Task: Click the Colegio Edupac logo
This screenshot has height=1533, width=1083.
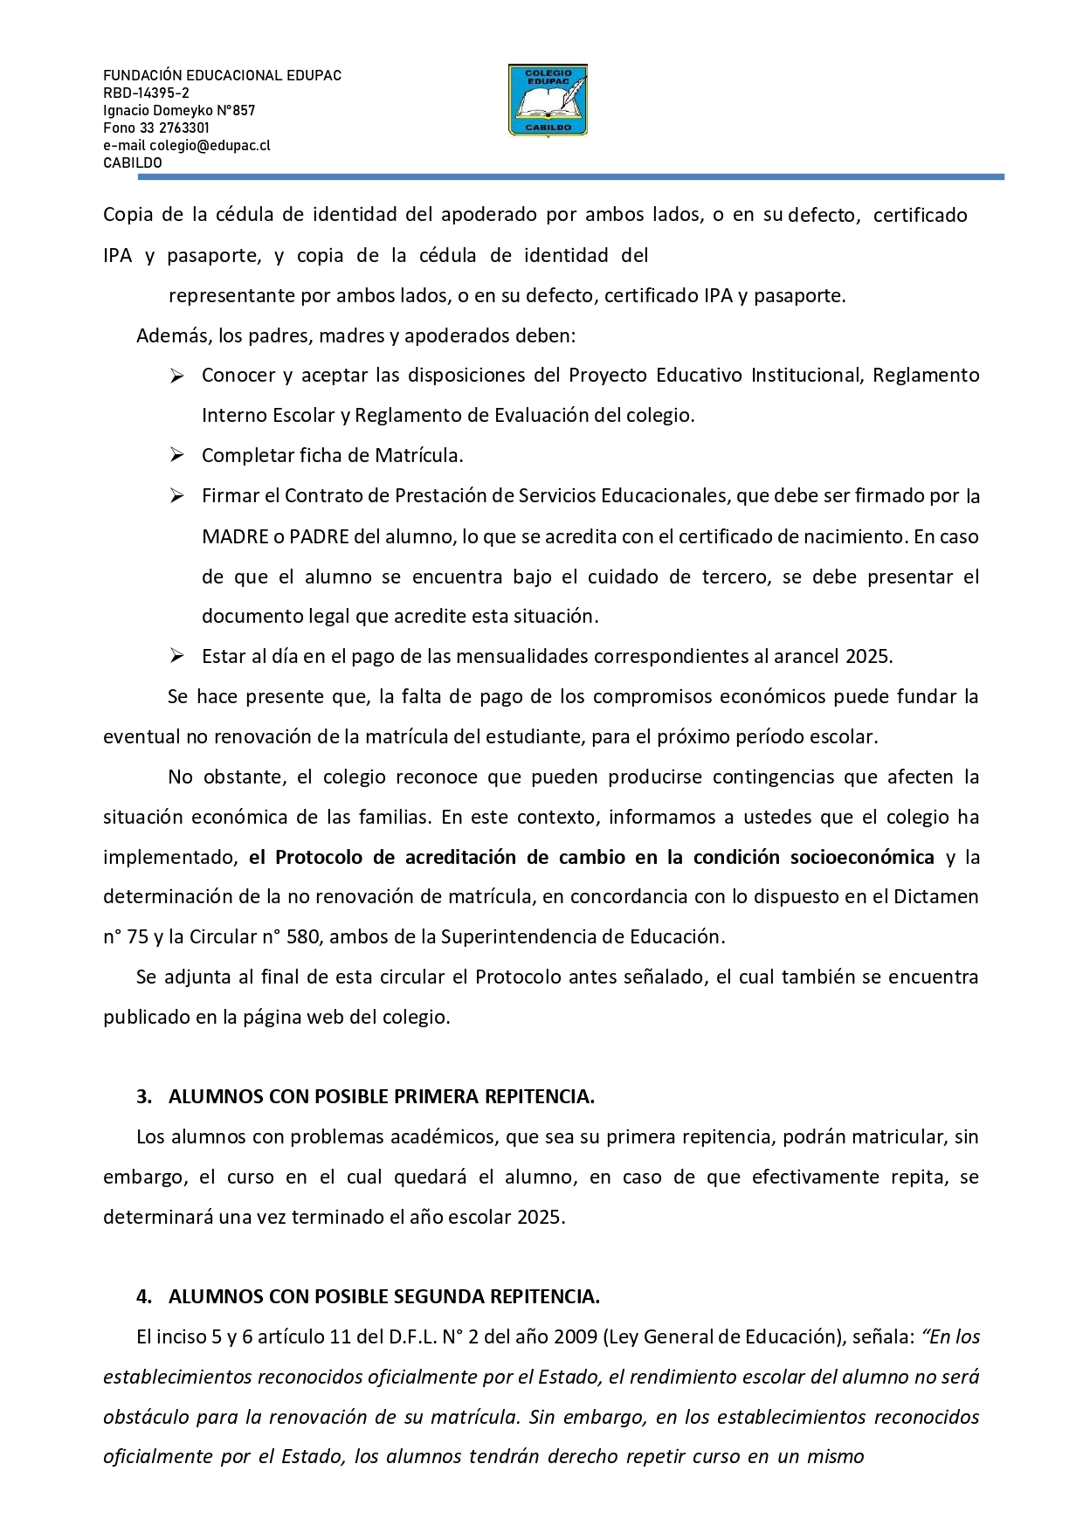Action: (548, 100)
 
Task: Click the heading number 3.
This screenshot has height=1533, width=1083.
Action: (143, 1097)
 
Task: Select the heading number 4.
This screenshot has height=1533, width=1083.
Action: (143, 1297)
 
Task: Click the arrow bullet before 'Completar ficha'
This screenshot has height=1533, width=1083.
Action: (176, 455)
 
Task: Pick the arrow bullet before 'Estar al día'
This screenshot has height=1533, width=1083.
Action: (176, 656)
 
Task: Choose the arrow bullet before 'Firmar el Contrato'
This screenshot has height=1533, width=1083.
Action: (176, 496)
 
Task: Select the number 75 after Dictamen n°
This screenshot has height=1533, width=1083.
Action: (137, 937)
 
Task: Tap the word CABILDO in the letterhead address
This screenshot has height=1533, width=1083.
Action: (133, 162)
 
